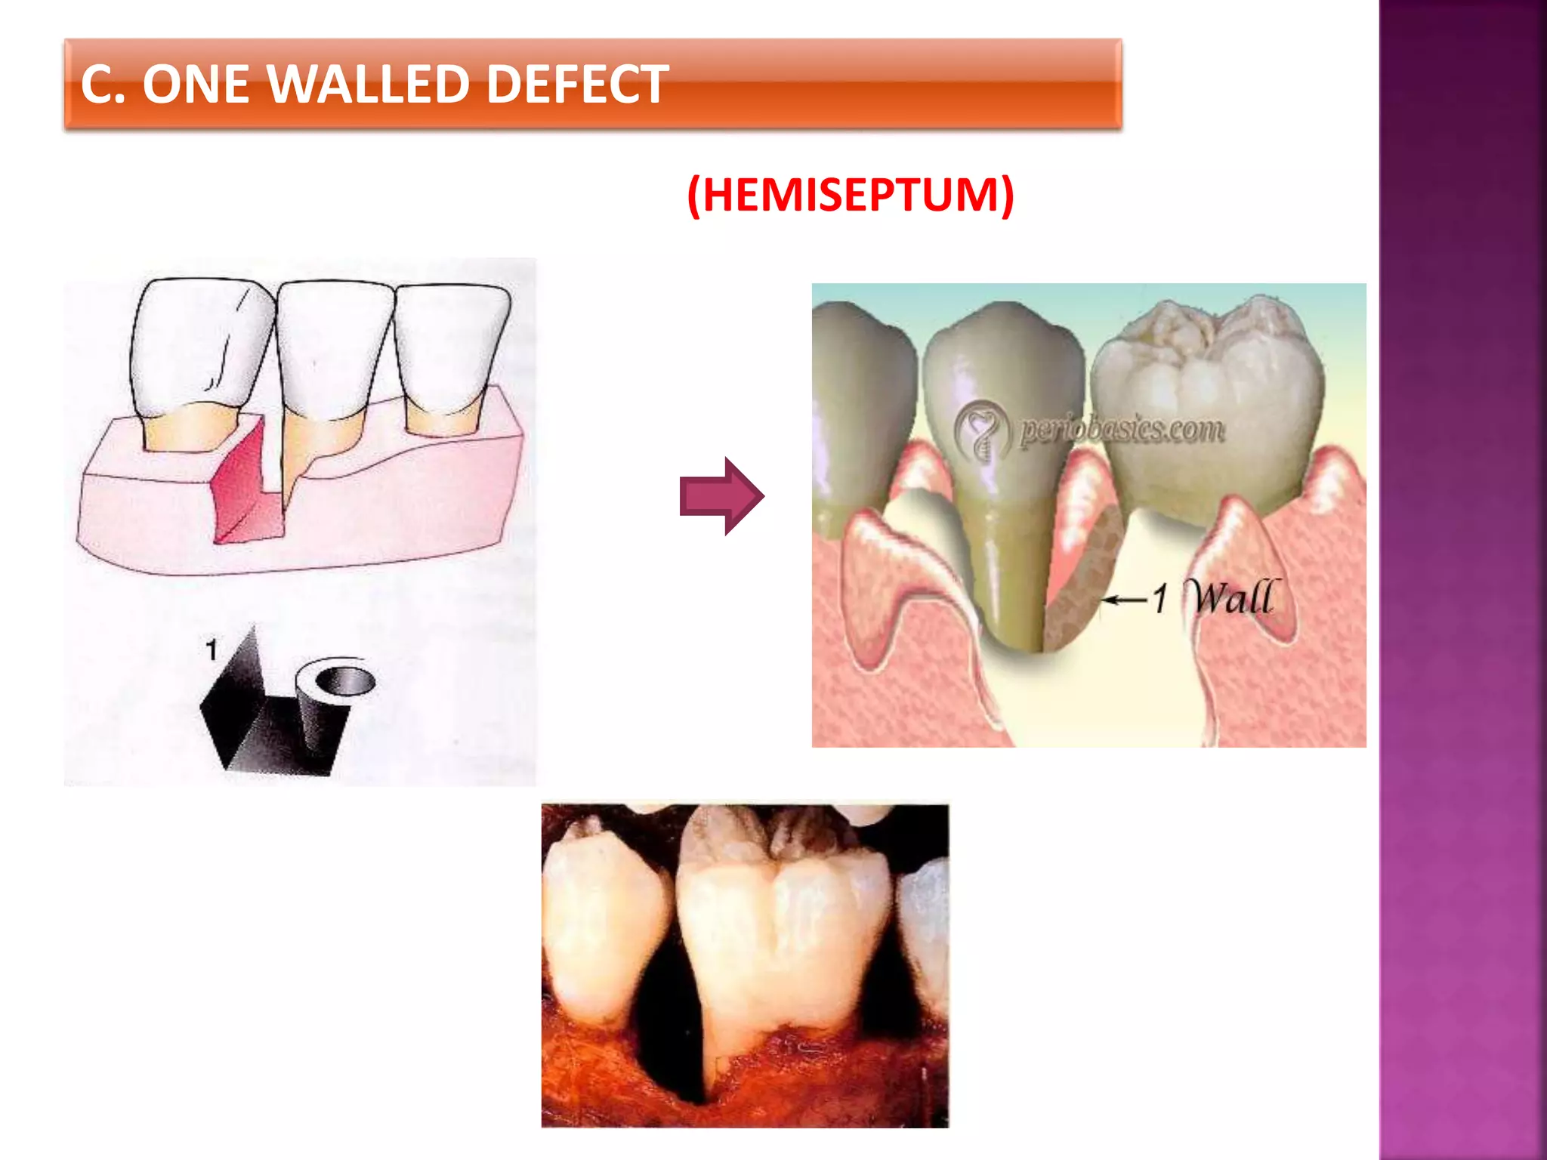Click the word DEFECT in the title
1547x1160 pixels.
(577, 84)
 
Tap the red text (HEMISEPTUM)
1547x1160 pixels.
(851, 195)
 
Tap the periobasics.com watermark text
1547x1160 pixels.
(1121, 430)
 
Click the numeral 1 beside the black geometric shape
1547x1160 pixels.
(212, 649)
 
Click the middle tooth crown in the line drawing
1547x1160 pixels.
(332, 347)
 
